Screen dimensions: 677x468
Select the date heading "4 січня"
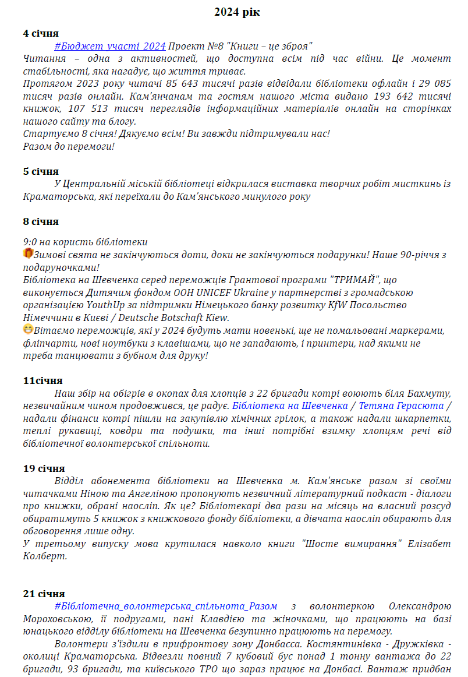41,33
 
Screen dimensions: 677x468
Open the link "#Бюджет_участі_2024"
110,46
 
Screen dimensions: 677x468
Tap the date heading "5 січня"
41,171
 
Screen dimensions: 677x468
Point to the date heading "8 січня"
41,221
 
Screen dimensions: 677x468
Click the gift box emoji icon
28,253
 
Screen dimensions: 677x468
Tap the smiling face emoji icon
28,330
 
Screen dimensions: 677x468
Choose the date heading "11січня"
43,380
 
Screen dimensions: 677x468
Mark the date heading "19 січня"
44,468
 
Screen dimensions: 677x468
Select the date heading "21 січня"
44,594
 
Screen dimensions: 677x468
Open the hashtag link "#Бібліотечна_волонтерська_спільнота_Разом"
166,607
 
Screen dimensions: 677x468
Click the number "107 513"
87,108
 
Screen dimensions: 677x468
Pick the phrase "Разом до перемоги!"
69,146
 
